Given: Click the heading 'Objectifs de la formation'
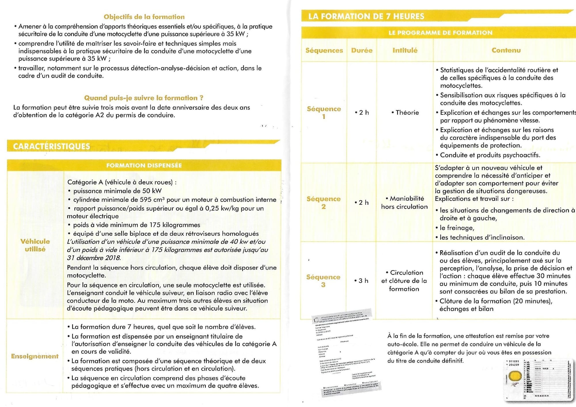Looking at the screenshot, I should (x=144, y=17).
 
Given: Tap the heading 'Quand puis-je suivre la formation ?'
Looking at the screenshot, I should (x=144, y=98).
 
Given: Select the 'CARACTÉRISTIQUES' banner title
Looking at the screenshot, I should (x=52, y=146).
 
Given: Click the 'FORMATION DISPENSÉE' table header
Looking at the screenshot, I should (x=144, y=165).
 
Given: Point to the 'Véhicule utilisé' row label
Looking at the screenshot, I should (x=35, y=245).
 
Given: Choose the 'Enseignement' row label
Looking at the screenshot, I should (x=35, y=356).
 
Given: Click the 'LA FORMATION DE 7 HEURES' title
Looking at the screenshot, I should (x=366, y=16).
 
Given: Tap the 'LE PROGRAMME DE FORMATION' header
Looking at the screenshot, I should (x=440, y=33).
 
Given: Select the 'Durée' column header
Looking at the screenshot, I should (x=362, y=50).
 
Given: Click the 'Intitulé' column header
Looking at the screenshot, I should (x=405, y=50).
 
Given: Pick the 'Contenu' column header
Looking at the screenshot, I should (x=506, y=50).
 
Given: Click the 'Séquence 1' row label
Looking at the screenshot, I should (x=324, y=112).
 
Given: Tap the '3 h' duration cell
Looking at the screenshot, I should (x=362, y=280).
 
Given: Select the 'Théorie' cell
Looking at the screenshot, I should (x=406, y=112).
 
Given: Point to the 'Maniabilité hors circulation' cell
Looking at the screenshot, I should (x=404, y=202).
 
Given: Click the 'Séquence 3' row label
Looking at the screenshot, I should (x=323, y=281).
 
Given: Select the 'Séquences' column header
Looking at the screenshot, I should (x=324, y=50).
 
